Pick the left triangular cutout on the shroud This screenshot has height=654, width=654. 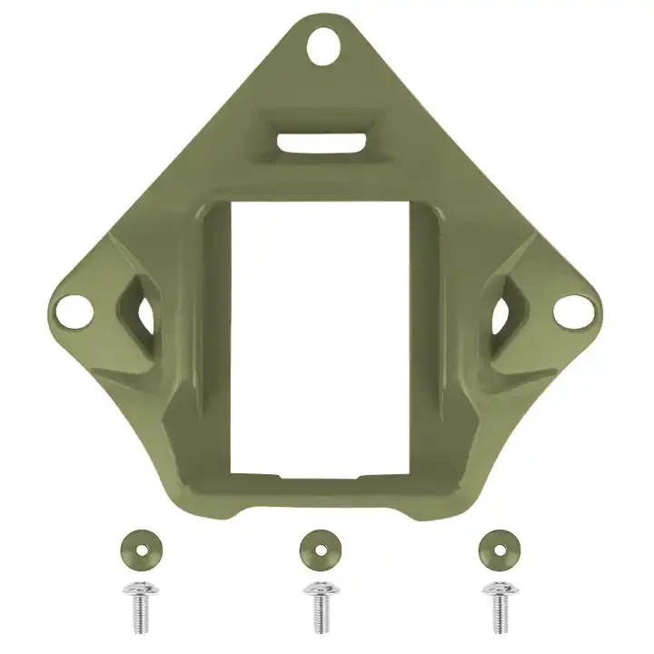(136, 313)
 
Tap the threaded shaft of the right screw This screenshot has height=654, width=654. (499, 616)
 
